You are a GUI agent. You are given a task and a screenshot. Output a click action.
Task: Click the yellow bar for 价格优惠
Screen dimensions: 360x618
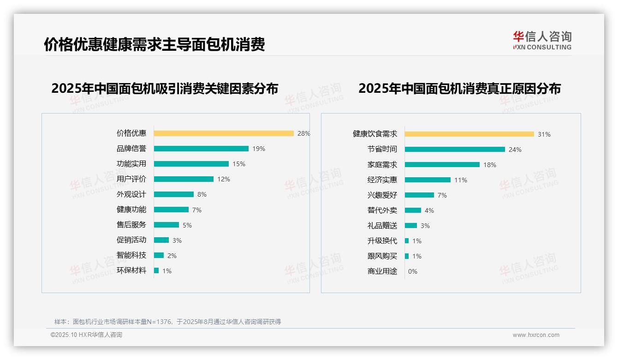(224, 133)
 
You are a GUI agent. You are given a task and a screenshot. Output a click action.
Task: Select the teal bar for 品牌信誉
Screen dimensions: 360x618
(201, 149)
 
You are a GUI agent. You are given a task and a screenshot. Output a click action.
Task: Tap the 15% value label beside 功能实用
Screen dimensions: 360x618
(239, 164)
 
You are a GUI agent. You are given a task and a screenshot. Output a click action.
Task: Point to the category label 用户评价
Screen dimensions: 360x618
(131, 179)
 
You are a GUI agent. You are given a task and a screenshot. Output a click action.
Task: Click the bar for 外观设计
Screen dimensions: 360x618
(174, 194)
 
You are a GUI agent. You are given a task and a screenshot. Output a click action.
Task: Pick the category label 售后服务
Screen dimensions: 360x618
(131, 225)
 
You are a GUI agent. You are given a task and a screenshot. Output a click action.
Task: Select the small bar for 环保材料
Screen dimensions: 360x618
(156, 270)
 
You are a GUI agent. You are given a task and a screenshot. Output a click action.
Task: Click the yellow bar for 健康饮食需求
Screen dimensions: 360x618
(469, 134)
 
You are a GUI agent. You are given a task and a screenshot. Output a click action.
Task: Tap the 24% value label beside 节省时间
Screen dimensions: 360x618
(515, 150)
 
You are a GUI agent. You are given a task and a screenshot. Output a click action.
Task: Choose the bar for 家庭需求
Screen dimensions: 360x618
(442, 165)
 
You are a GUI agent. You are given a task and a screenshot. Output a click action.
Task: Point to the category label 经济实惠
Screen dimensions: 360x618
(382, 180)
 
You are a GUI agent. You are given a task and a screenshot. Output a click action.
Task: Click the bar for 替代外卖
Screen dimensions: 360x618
(413, 210)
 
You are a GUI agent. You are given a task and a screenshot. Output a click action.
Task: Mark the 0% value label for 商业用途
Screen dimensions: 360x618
(413, 271)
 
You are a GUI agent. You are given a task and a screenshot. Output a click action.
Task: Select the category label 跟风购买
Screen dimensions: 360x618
(382, 256)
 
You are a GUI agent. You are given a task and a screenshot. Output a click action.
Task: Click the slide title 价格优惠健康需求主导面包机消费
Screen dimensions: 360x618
(154, 45)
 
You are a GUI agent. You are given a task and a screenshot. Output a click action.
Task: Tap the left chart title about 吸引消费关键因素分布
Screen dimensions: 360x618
(165, 89)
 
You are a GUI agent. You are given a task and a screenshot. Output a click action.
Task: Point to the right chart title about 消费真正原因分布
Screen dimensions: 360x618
(459, 89)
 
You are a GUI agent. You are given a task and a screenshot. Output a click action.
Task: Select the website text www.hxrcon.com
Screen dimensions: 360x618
(536, 335)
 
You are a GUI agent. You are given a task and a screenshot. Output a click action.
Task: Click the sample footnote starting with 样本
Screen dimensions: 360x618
(167, 322)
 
